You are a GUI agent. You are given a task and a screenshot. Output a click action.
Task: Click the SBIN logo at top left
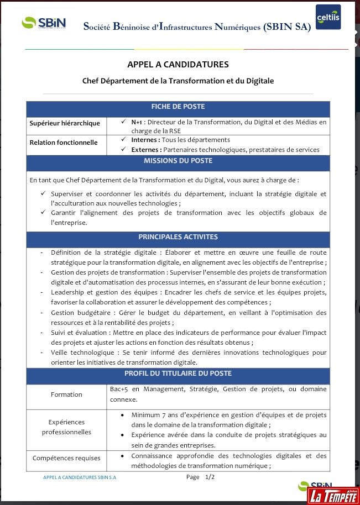point(44,23)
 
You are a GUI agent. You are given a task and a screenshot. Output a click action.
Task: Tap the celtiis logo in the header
point(328,18)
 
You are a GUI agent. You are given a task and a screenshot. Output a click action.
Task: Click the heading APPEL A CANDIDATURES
point(178,65)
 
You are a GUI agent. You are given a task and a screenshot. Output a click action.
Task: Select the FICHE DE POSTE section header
point(178,107)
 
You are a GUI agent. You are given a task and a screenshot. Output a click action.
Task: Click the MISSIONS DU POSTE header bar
point(178,161)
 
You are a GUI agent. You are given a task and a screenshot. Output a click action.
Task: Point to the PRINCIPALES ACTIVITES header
point(178,237)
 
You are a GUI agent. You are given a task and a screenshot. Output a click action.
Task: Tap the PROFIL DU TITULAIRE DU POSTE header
point(178,374)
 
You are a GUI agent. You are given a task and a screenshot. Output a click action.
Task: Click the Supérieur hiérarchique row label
point(65,123)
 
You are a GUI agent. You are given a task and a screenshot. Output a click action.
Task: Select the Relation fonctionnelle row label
point(64,143)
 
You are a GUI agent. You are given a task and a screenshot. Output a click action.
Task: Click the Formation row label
point(66,394)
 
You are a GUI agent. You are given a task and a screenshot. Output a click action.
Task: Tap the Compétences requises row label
point(66,458)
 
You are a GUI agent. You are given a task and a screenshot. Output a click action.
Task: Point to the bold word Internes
point(144,140)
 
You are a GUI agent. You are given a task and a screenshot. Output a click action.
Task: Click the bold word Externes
point(145,150)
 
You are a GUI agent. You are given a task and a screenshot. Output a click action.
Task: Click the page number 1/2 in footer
point(210,477)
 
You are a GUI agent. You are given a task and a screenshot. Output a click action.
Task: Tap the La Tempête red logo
point(332,495)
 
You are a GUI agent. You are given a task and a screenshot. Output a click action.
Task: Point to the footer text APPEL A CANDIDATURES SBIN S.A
point(80,477)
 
